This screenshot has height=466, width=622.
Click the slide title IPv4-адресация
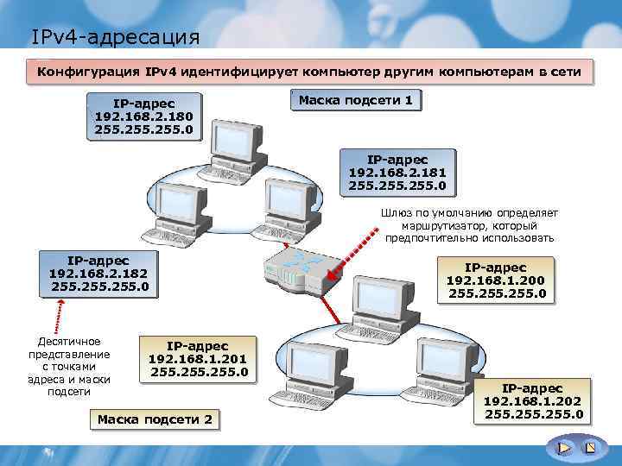tap(115, 37)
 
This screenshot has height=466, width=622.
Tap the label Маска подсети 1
tap(356, 101)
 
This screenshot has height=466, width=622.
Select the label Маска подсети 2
tap(155, 419)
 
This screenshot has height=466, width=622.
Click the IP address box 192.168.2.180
tap(144, 116)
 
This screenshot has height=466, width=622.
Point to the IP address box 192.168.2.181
tap(397, 173)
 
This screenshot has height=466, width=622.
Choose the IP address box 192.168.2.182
tap(99, 273)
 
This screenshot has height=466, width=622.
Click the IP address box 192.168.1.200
tap(496, 281)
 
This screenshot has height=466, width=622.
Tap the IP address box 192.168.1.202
tap(533, 402)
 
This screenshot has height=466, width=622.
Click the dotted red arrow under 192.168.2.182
tap(61, 314)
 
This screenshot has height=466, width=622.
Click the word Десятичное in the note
tap(69, 342)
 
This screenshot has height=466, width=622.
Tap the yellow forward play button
tap(563, 448)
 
